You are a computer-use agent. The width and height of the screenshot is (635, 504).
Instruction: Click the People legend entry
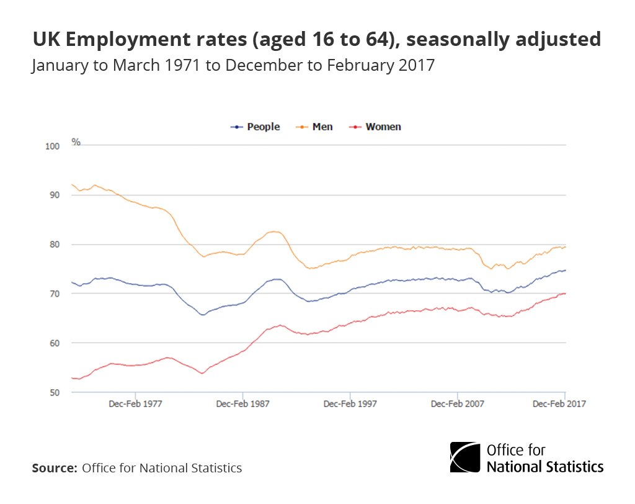(255, 127)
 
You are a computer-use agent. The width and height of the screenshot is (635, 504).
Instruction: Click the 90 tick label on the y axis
(53, 196)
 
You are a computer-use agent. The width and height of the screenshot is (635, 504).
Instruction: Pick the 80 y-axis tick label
(53, 245)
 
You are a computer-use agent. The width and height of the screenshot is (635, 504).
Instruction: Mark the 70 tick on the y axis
(53, 294)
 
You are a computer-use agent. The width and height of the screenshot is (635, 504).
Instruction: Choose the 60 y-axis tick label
(53, 343)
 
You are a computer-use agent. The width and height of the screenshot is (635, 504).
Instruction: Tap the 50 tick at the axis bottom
(53, 392)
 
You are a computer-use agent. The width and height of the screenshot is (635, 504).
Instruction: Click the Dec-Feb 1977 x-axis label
(135, 403)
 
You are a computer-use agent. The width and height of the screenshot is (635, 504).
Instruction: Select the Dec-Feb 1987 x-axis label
(242, 403)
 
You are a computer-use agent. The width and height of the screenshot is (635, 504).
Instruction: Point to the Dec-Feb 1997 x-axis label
(350, 403)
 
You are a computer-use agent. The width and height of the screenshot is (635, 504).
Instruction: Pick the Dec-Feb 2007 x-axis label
(457, 403)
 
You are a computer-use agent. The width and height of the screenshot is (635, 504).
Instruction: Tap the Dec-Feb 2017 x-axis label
(559, 403)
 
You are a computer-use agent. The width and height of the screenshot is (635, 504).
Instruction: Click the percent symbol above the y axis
(76, 142)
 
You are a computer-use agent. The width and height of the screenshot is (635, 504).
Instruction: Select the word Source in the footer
(54, 468)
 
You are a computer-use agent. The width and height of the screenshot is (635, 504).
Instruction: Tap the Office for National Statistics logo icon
(464, 457)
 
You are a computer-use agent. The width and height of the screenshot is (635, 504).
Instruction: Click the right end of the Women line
(565, 294)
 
